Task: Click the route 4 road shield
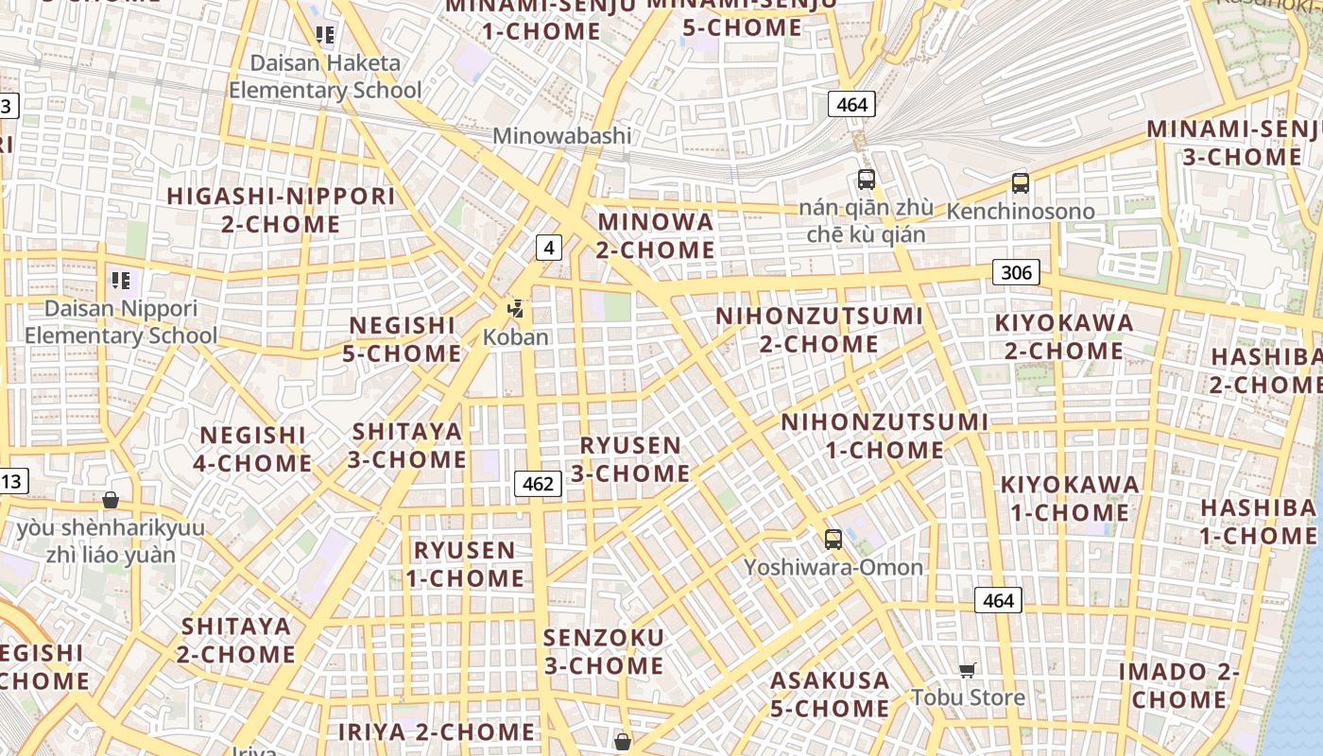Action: (548, 248)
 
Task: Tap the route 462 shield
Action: (538, 484)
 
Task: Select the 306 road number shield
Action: (1016, 273)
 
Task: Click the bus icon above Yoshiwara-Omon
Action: (833, 540)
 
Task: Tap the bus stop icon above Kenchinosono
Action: (1020, 183)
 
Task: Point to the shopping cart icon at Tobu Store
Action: (967, 671)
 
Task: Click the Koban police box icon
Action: (516, 308)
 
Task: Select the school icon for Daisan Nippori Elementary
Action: (120, 280)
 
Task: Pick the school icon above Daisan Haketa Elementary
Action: (325, 36)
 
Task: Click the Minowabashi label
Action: (561, 135)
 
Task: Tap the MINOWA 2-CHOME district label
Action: (656, 235)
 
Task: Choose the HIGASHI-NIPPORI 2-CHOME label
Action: (281, 210)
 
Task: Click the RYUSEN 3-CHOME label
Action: (630, 458)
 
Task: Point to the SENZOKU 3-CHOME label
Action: (603, 651)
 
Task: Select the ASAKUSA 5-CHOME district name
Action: (830, 694)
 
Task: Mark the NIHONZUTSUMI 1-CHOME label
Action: (885, 435)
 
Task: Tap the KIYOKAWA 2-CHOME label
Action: (1063, 336)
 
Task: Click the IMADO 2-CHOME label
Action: (1178, 685)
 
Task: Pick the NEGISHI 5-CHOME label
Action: (404, 339)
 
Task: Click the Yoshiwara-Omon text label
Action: (833, 567)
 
